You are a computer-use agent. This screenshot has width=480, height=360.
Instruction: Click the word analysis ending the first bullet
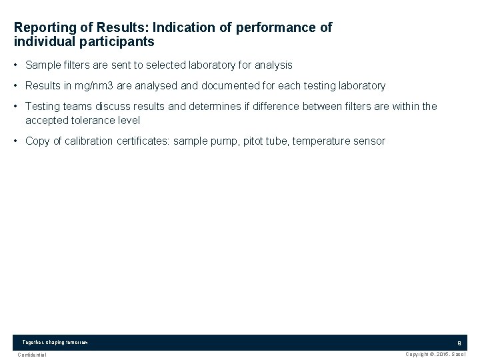273,65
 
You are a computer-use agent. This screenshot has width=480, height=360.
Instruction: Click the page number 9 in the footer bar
459,343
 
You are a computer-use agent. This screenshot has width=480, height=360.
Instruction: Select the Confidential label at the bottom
32,355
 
